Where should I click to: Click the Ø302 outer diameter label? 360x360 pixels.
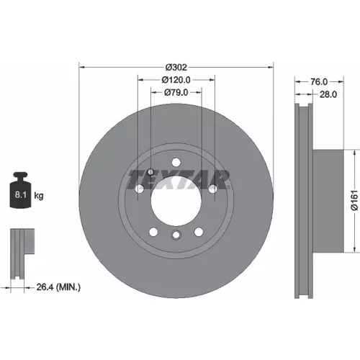coord(176,68)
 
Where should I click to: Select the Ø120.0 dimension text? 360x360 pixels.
coord(176,80)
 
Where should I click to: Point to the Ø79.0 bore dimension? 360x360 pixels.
coord(176,92)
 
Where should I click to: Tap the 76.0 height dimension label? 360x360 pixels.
coord(319,82)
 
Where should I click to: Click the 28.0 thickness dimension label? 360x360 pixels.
coord(328,94)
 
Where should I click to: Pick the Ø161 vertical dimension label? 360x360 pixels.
coord(354,200)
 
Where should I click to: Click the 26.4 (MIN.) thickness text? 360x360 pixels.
coord(58,287)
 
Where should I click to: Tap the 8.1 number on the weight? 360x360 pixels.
coord(20,194)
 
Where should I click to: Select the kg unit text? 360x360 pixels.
coord(39,196)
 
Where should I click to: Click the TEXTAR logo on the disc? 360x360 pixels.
coord(178,179)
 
